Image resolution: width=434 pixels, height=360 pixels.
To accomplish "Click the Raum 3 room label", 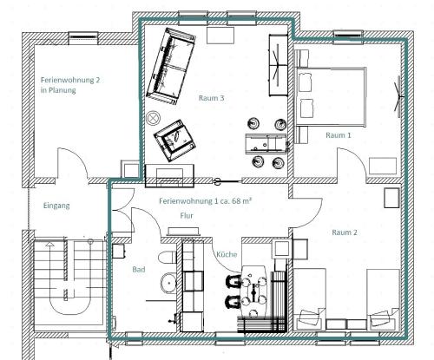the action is (x=211, y=98).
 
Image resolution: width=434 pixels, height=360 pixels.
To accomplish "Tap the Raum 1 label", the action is (x=339, y=135).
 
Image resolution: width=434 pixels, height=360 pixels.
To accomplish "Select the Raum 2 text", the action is (x=345, y=232).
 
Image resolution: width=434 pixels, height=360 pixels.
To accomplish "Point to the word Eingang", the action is (x=56, y=206).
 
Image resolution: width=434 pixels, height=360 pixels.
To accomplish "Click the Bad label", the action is (x=139, y=270).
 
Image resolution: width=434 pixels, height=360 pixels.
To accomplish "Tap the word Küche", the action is (x=227, y=254).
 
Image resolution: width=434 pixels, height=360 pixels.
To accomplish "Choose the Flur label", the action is (x=187, y=215).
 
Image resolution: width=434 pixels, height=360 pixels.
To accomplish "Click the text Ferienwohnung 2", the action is (x=70, y=80).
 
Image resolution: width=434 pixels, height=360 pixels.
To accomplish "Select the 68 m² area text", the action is (x=241, y=200).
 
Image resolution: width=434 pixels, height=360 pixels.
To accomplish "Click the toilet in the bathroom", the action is (x=168, y=257).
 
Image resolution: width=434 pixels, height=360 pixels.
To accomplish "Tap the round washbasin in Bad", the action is (x=168, y=283).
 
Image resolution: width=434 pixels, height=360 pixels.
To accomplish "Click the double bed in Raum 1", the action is (x=331, y=96).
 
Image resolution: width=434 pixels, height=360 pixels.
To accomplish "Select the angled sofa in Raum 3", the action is (x=171, y=66).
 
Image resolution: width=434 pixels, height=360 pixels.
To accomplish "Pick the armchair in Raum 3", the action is (x=174, y=141).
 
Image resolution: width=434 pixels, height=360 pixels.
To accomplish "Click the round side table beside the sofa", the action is (x=154, y=118).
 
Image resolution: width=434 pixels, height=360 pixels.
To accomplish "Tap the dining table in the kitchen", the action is (x=254, y=291).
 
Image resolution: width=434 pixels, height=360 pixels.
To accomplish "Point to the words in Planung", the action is (x=58, y=90).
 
